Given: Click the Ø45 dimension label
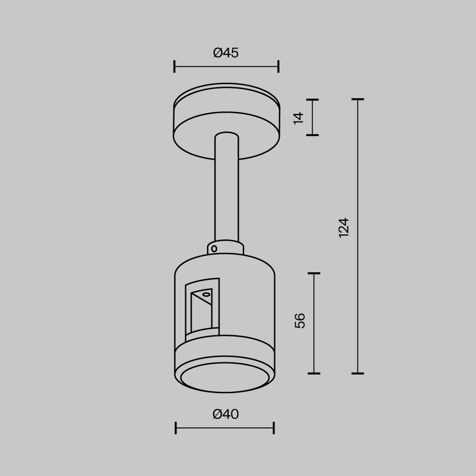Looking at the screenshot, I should point(226,53).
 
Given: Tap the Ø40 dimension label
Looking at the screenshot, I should point(226,415).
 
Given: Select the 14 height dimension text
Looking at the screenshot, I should point(298,118).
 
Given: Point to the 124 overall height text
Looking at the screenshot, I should point(344,228).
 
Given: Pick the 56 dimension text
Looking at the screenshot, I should point(300,321).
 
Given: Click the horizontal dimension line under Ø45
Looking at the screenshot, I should point(226,67).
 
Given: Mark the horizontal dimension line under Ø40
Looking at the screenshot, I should point(225,428).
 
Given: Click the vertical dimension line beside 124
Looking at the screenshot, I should point(357,286).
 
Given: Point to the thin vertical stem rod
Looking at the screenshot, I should point(227,190).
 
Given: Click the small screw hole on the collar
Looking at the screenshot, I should point(214,248).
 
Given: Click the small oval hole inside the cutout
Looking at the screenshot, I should point(206,295).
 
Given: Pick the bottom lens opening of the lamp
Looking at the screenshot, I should point(225,377).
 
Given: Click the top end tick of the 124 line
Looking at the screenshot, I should point(357,99).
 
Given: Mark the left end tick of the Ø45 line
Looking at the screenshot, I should point(175,67).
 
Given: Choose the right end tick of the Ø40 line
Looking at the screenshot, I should point(274,428).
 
